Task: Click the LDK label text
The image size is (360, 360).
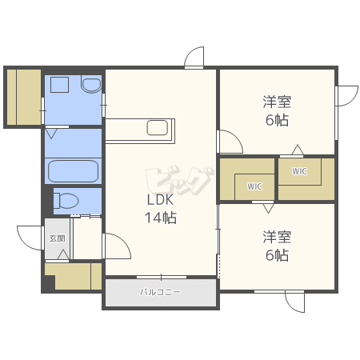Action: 160,199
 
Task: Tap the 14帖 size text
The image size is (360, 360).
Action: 161,218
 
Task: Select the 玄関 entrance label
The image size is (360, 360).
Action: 57,238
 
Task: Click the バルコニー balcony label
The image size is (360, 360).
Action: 160,292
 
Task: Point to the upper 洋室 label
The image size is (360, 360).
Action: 277,102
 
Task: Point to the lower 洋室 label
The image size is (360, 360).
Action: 277,237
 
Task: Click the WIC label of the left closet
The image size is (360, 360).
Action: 254,186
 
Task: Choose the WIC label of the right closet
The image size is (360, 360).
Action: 299,171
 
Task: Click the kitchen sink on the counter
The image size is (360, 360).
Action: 158,128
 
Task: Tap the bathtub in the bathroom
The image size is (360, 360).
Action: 73,171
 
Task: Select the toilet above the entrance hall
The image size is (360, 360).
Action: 66,201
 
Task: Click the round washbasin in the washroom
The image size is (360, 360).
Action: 91,85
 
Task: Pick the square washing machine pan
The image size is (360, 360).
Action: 59,85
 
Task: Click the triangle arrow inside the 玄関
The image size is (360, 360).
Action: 63,254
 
